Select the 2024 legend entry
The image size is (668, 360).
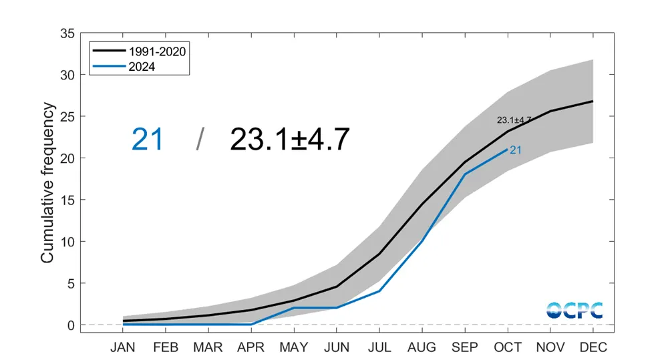point(140,66)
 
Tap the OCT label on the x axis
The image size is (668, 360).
point(508,347)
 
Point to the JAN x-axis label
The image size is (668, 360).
point(123,347)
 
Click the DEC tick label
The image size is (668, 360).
point(593,347)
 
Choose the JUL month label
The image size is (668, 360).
point(379,347)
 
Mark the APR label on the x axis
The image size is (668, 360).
point(251,347)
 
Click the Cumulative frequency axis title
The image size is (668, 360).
point(47,182)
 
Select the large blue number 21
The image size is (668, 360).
point(148,140)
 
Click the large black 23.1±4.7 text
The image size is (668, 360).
point(290,140)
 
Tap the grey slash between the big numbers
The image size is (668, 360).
point(200,140)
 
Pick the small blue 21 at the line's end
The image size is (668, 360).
point(516,150)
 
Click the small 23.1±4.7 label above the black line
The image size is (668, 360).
point(514,120)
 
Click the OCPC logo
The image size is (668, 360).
point(574,310)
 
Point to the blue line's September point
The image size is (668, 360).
point(465,174)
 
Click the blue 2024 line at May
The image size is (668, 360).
point(294,308)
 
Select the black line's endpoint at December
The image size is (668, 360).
point(593,102)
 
